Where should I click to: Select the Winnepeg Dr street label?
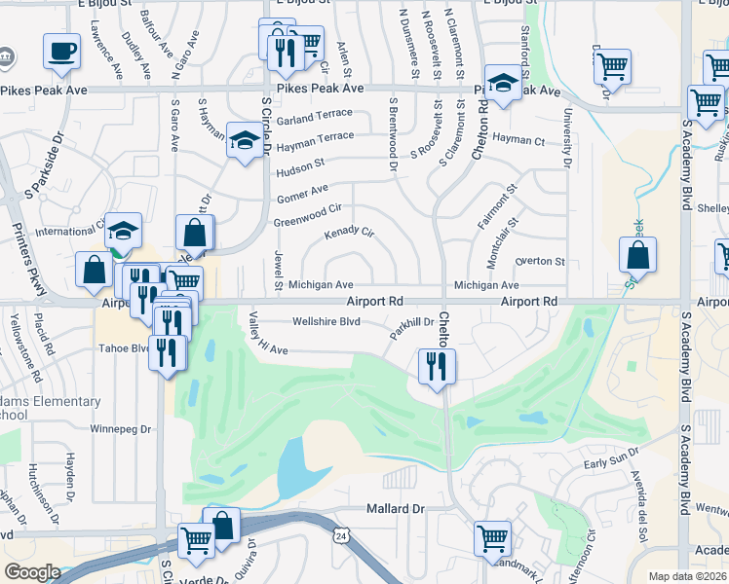coord(122,428)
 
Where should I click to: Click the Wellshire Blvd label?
coord(326,321)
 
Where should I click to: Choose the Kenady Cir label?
coord(349,234)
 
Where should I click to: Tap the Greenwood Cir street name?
coord(307,208)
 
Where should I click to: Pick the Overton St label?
coord(539,262)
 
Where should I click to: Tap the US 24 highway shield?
coord(340,536)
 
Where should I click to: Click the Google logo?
coord(32,572)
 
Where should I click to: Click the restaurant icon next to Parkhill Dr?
coord(436,367)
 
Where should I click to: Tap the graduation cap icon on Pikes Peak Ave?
coord(503,83)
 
